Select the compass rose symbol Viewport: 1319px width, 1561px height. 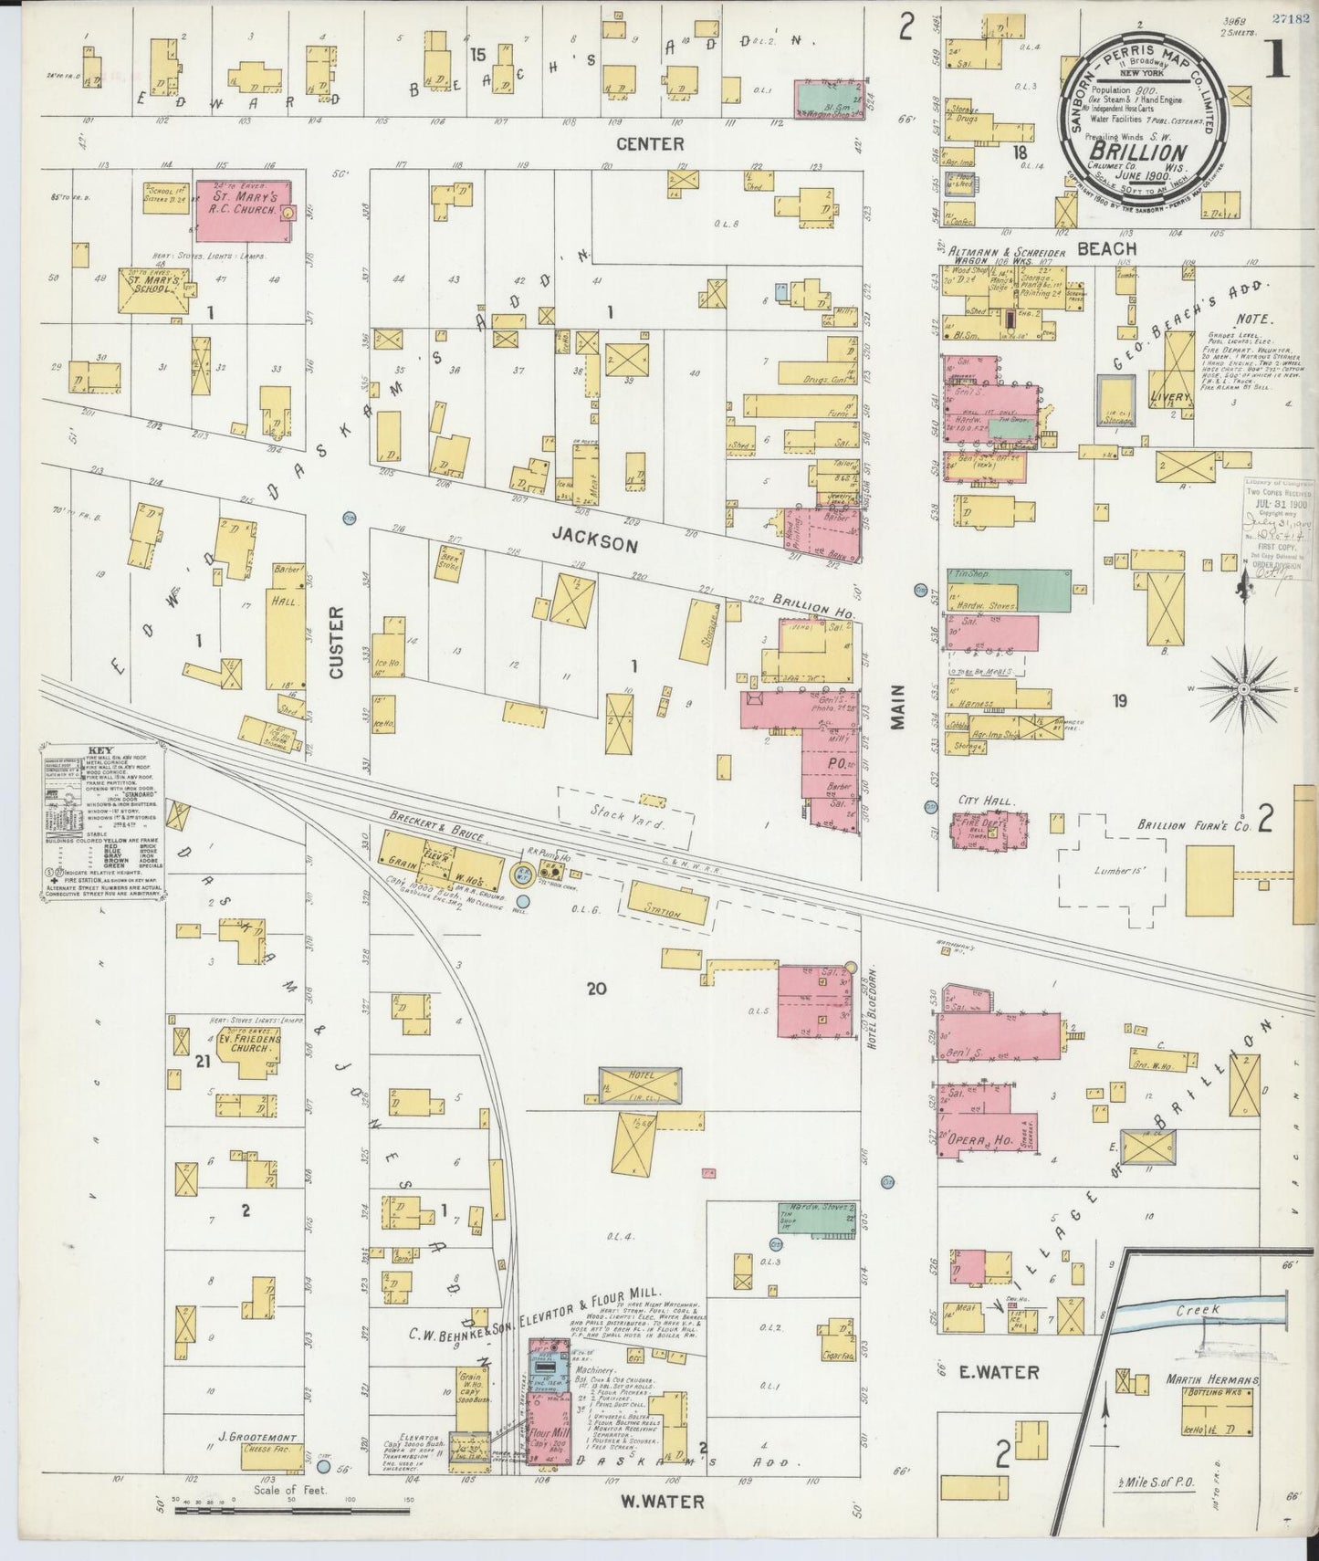(x=1241, y=691)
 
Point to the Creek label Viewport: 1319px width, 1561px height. (x=1198, y=1310)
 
